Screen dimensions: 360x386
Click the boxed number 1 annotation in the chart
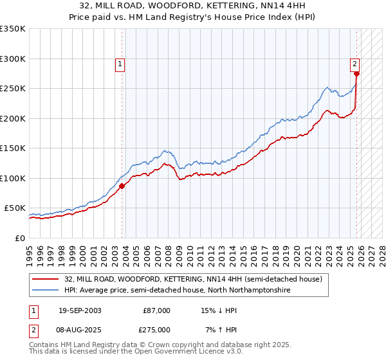(120, 64)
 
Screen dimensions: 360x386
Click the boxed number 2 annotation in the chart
(354, 64)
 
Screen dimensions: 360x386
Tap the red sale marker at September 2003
(122, 186)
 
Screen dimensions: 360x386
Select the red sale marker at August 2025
(356, 74)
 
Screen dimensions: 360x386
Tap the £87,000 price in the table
(156, 310)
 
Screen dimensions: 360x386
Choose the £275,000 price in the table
(156, 330)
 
